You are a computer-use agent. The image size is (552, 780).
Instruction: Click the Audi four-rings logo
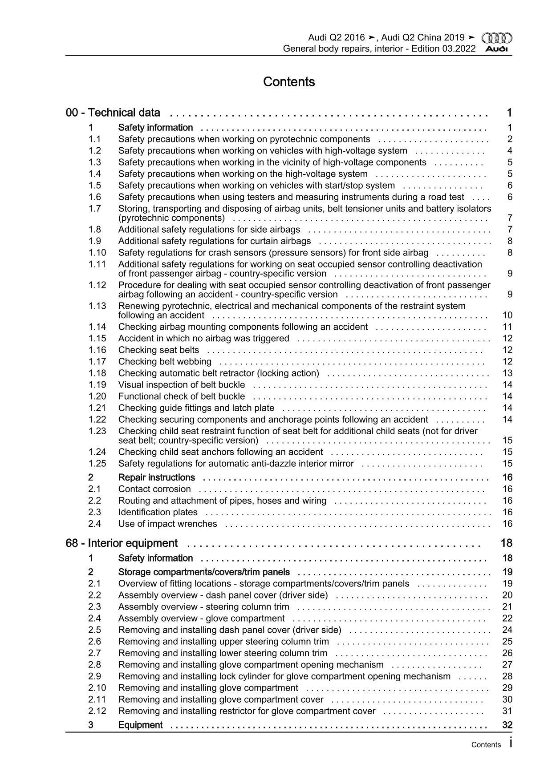tap(497, 38)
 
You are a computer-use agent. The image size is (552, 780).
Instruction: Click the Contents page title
tap(289, 82)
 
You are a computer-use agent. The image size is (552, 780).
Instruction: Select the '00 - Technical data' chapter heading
tap(113, 113)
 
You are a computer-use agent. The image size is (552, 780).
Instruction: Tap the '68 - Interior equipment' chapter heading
tap(122, 543)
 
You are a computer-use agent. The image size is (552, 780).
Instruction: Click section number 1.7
tap(94, 208)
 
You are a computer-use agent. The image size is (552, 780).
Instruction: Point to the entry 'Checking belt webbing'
tap(165, 362)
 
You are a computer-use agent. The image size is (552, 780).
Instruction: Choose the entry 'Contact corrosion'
tap(154, 489)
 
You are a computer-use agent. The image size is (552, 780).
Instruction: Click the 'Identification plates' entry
tap(158, 512)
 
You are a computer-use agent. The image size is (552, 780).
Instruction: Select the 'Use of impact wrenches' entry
tap(167, 524)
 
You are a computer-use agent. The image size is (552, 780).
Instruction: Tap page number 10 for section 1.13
tap(507, 315)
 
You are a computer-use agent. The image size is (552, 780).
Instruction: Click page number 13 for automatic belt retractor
tap(507, 373)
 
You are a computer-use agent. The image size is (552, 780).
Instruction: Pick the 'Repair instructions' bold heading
tap(156, 477)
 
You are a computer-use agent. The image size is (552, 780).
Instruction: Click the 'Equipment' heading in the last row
tap(140, 725)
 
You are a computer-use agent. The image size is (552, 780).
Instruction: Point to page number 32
tap(507, 725)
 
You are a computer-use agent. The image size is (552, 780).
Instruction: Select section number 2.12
tap(97, 711)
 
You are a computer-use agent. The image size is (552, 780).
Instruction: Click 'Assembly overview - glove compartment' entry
tap(201, 618)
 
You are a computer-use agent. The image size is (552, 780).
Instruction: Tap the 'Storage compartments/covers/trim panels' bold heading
tap(204, 572)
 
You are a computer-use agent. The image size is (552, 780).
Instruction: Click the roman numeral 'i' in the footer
tap(510, 743)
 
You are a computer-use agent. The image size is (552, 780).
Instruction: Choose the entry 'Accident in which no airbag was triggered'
tap(203, 339)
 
